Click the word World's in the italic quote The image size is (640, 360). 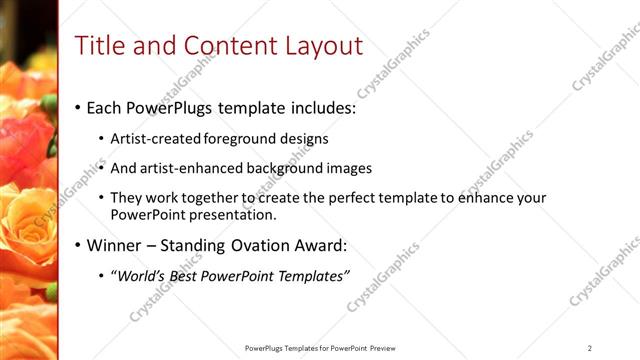click(x=141, y=276)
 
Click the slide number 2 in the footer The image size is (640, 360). click(x=590, y=348)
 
